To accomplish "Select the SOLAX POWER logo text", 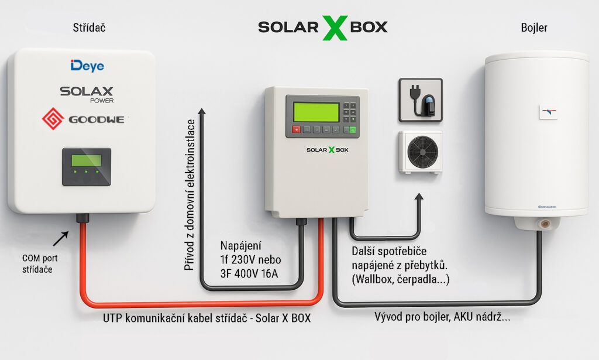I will (x=87, y=93).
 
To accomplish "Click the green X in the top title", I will (x=335, y=28).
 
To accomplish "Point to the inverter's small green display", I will (x=86, y=160).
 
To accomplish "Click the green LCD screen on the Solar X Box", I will (x=316, y=112).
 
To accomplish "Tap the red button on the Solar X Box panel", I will (x=297, y=130).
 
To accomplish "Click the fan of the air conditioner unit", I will (x=422, y=152).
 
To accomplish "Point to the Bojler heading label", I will (x=533, y=28).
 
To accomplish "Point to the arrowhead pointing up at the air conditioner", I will (x=419, y=198).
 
